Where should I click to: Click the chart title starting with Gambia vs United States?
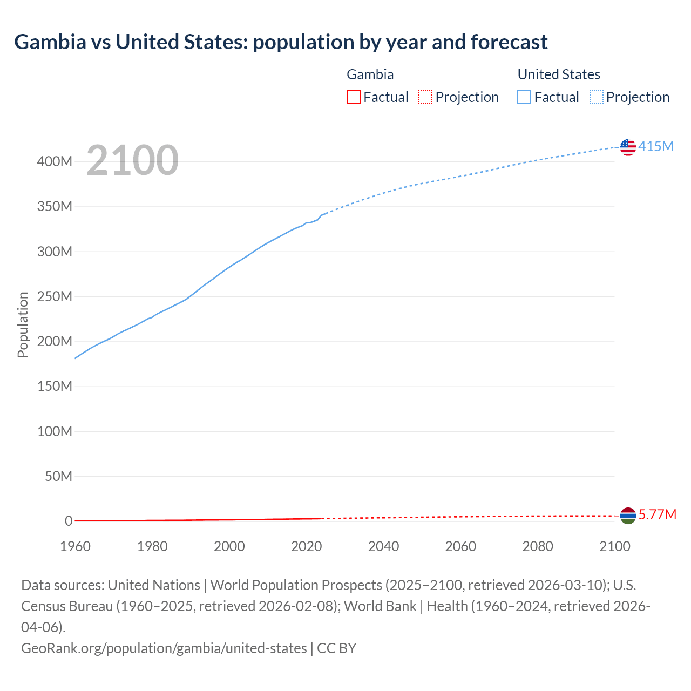click(281, 42)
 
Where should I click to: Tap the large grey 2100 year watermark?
click(132, 160)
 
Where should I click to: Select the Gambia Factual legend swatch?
click(353, 97)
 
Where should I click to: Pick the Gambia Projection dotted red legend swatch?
click(425, 97)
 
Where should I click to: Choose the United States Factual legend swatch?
click(524, 97)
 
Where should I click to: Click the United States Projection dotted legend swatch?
click(596, 97)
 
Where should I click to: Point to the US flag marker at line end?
click(628, 147)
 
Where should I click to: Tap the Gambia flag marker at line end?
click(628, 516)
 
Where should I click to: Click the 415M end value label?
click(656, 146)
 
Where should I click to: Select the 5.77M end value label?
click(657, 514)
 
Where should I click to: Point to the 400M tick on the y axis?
click(55, 161)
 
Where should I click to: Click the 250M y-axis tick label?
click(55, 296)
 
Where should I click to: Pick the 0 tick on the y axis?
click(69, 521)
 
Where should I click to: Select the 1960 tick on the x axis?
click(75, 546)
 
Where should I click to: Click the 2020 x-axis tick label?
click(306, 546)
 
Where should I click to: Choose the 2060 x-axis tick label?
click(460, 546)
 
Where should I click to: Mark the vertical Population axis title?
click(23, 324)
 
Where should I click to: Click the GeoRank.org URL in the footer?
click(164, 648)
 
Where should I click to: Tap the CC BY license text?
click(337, 648)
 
